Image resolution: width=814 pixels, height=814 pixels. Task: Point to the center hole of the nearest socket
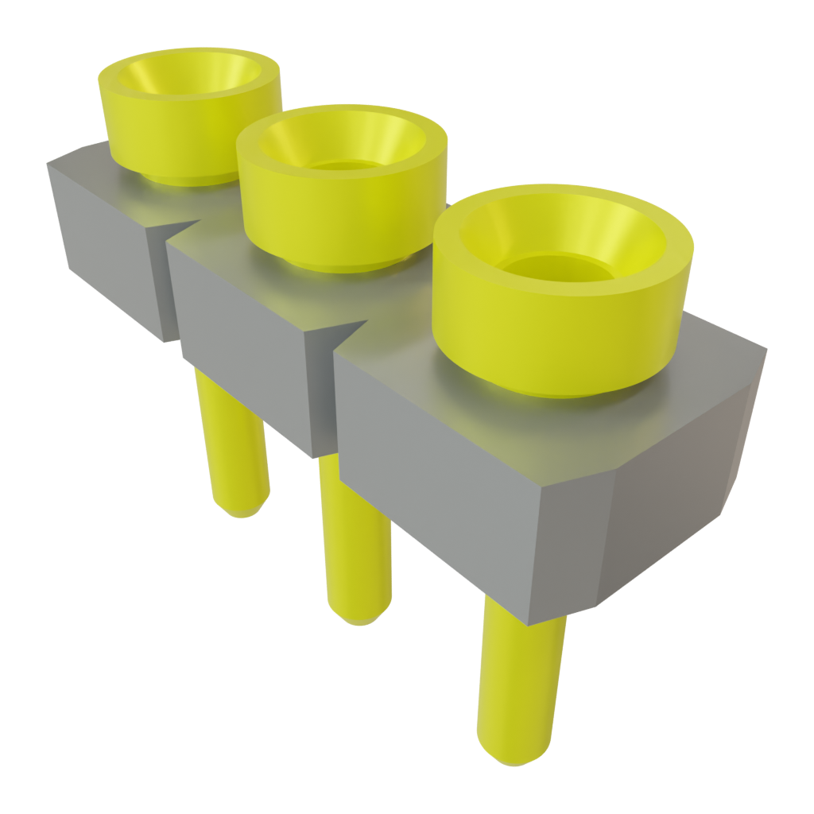pyautogui.click(x=556, y=266)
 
